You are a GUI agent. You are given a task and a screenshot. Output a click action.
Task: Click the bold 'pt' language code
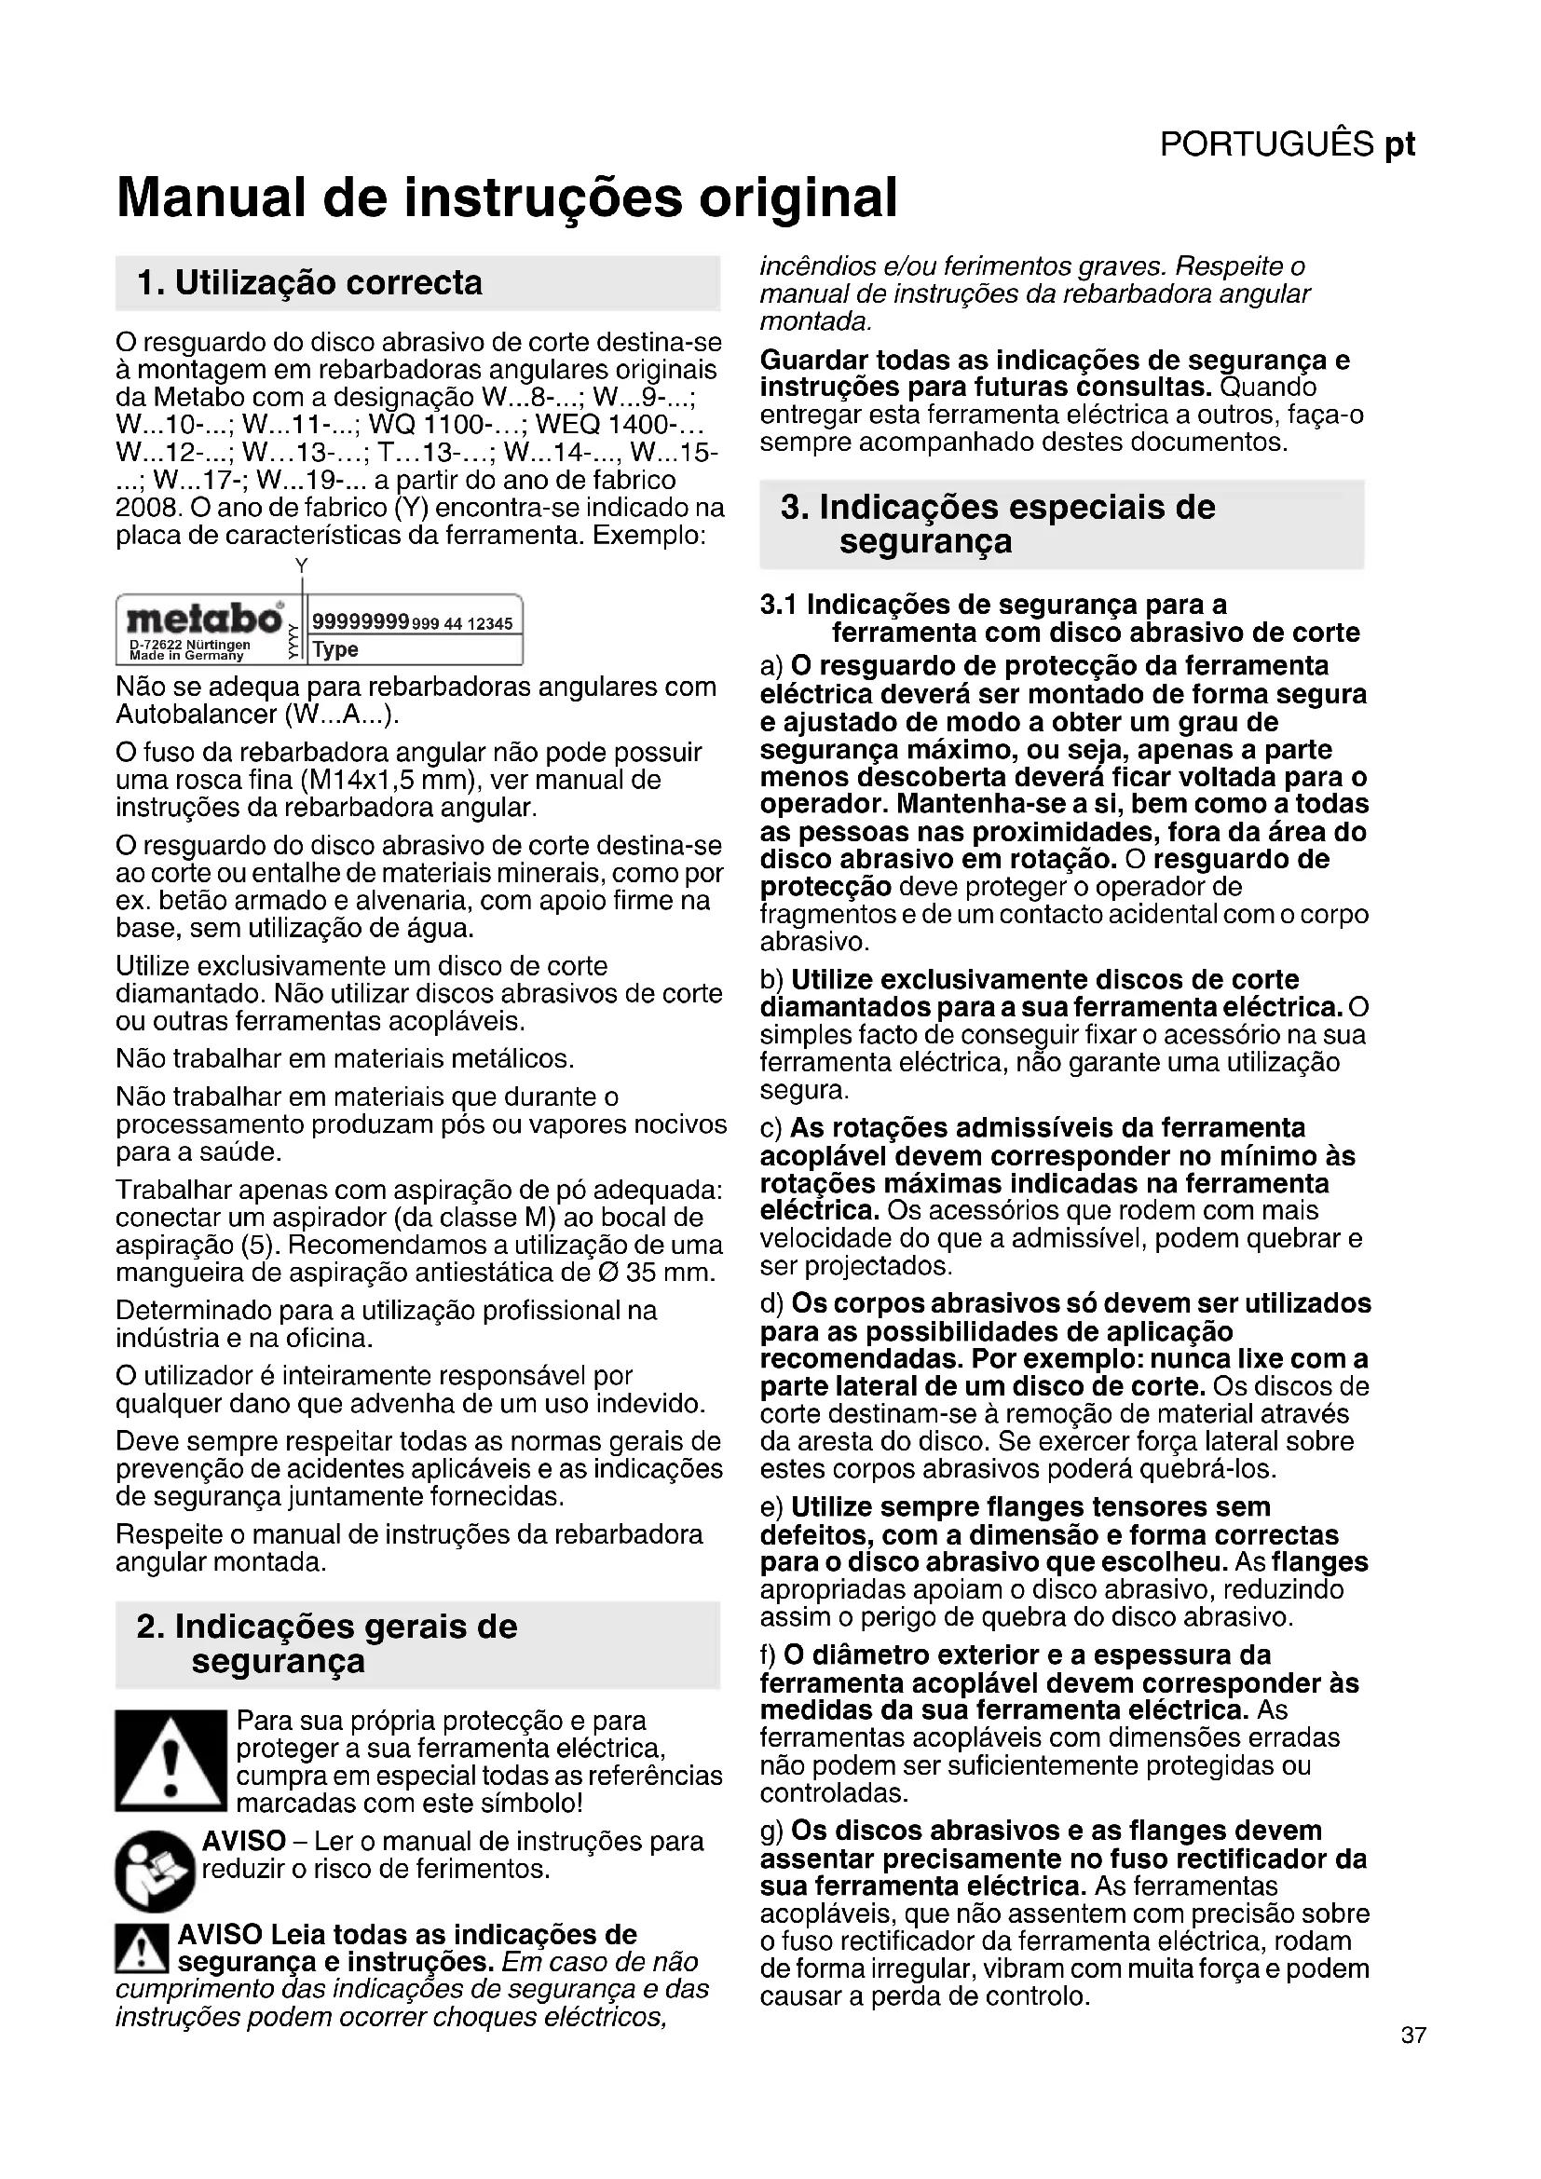coord(1399,144)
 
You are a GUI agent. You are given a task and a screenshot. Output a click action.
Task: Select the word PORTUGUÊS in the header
coord(1267,144)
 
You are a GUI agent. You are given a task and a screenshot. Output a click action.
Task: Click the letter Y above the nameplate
coord(302,565)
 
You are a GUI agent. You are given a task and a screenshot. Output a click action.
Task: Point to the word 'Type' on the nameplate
coord(335,650)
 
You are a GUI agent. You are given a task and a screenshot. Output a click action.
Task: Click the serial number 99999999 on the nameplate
coord(361,622)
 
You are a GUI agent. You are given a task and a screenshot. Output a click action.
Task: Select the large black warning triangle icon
coord(170,1761)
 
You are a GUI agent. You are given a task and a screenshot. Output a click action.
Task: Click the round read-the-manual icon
coord(156,1871)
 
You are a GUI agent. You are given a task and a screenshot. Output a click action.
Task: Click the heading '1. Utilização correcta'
coord(309,283)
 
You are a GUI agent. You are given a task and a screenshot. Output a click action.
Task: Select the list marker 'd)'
coord(772,1303)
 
